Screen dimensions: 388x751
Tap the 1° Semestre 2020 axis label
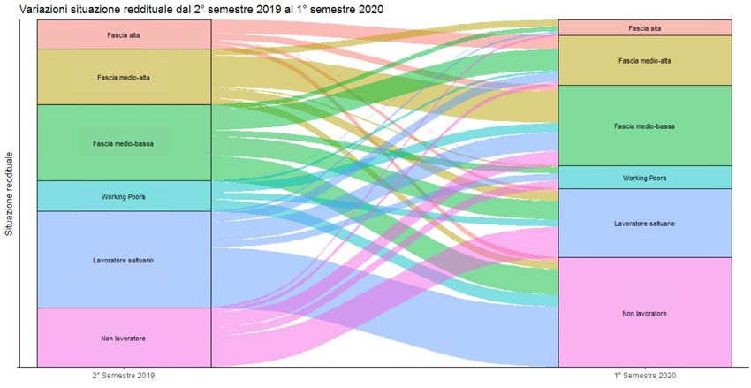point(645,375)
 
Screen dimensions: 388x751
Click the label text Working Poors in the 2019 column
point(124,196)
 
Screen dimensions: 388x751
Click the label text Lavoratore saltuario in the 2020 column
point(645,224)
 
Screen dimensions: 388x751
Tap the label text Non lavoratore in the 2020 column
point(645,314)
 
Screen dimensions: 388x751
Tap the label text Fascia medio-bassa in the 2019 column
point(124,143)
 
